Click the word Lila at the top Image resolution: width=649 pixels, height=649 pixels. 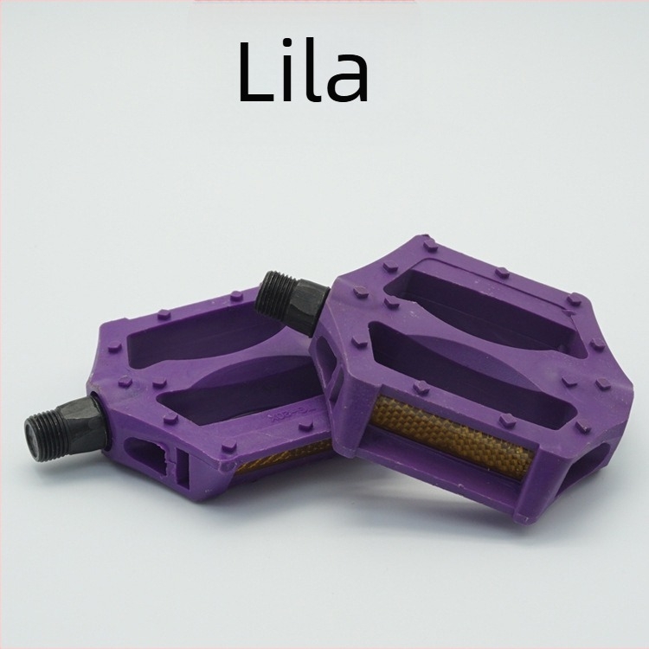tap(304, 73)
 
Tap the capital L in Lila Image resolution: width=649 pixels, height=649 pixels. tap(255, 73)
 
